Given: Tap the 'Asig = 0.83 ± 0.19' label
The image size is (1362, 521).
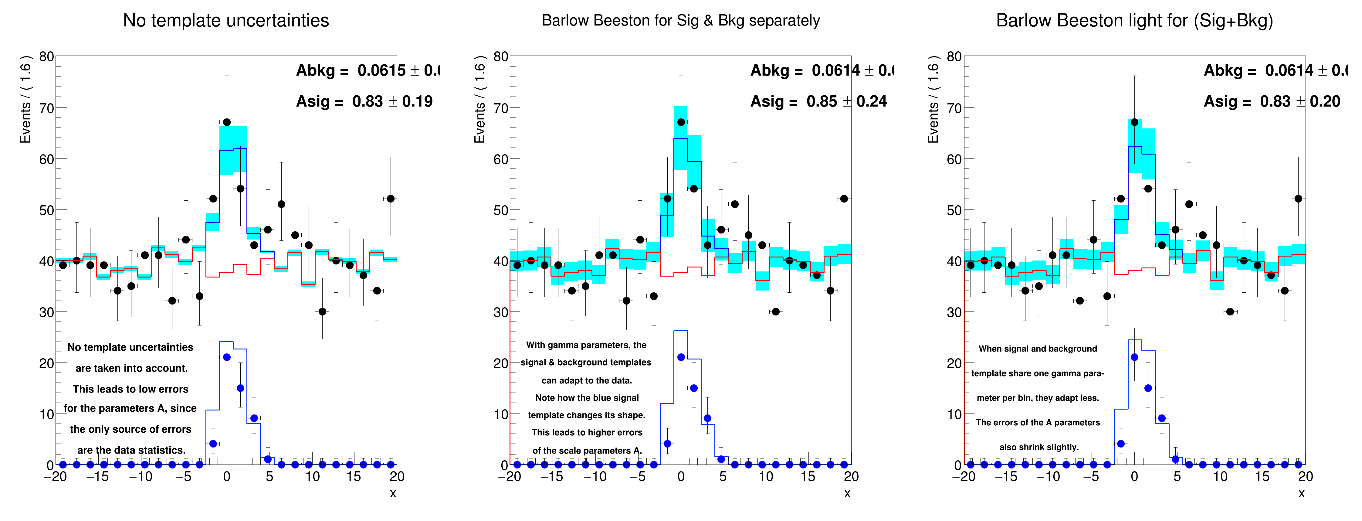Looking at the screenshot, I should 364,101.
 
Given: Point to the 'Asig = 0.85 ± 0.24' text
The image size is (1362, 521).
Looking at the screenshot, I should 818,101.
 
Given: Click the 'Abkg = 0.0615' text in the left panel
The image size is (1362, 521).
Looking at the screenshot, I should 351,70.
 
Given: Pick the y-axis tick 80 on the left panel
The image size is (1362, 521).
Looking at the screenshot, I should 46,56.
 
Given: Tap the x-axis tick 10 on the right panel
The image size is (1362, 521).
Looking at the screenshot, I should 1220,477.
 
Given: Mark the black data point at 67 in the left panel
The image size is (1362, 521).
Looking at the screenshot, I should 227,122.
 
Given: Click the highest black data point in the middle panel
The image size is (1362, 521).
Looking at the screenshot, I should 681,122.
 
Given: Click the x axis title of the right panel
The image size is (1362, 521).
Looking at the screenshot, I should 1301,493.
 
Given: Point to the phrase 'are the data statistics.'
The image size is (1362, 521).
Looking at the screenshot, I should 131,450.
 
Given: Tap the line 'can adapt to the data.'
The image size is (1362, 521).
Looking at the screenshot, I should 587,380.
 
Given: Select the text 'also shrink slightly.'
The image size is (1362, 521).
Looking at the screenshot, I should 1039,447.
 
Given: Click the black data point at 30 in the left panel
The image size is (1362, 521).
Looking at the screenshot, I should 323,312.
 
